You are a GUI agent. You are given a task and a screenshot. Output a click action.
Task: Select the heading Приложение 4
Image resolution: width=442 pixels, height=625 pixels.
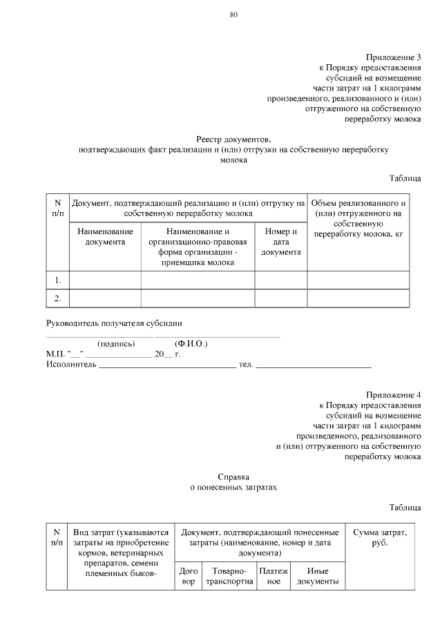[x=393, y=394]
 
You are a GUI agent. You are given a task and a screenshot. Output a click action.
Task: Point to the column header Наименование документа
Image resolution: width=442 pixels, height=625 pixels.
[x=105, y=237]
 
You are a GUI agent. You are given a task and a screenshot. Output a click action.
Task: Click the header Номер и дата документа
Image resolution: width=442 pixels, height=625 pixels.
[x=280, y=242]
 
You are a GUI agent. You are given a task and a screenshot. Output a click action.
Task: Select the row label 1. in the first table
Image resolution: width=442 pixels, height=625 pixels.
[x=58, y=280]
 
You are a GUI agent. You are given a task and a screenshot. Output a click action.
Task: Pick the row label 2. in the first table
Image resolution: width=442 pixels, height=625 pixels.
[x=58, y=298]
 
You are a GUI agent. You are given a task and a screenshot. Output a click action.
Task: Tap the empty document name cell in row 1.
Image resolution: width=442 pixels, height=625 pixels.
[x=105, y=280]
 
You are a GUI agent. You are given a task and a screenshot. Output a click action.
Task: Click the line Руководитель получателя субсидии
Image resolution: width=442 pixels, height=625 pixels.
[x=114, y=323]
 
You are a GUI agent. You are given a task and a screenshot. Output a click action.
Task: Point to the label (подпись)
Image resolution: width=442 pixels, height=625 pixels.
[x=116, y=343]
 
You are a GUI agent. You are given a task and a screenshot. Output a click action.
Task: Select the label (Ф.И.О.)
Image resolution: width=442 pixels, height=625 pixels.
[x=191, y=343]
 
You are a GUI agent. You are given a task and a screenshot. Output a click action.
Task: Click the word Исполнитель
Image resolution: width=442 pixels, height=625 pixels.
[x=70, y=363]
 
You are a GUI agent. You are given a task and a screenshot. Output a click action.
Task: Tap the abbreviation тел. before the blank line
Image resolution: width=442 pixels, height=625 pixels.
[x=246, y=363]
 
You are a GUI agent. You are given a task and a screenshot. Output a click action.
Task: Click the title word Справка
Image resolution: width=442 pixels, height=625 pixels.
[x=233, y=476]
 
